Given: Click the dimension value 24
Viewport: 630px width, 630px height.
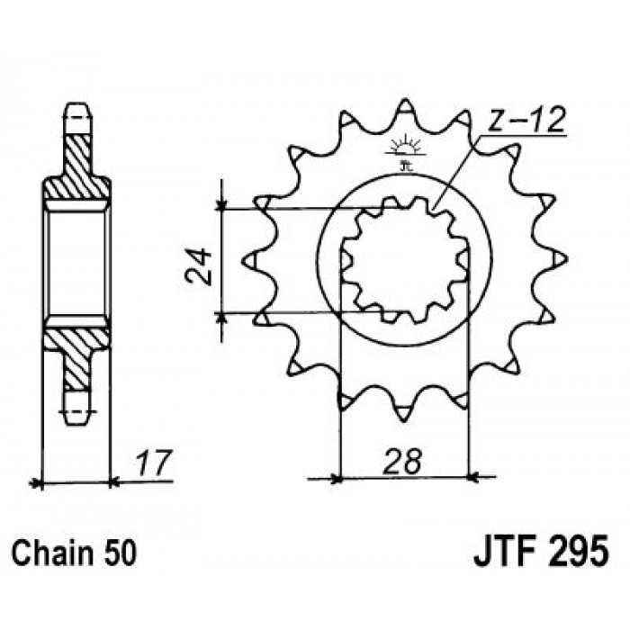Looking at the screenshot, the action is click(x=198, y=266).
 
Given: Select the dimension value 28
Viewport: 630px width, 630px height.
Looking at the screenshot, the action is click(x=402, y=462).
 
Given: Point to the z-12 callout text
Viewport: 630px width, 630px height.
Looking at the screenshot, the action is click(x=526, y=120).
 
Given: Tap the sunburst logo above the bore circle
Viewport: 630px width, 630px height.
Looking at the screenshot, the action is click(x=405, y=147).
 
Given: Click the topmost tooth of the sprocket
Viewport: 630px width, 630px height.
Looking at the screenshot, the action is click(x=405, y=109).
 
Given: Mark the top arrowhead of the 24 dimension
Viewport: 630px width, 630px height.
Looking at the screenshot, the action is click(x=221, y=205).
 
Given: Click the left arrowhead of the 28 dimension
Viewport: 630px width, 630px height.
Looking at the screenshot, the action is click(x=335, y=479).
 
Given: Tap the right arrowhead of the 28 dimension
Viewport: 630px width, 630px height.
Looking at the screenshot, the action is click(x=474, y=478).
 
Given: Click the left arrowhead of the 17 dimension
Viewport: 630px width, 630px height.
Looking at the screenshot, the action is click(x=37, y=483).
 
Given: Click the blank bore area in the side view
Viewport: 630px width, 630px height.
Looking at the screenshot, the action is click(x=76, y=263).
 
